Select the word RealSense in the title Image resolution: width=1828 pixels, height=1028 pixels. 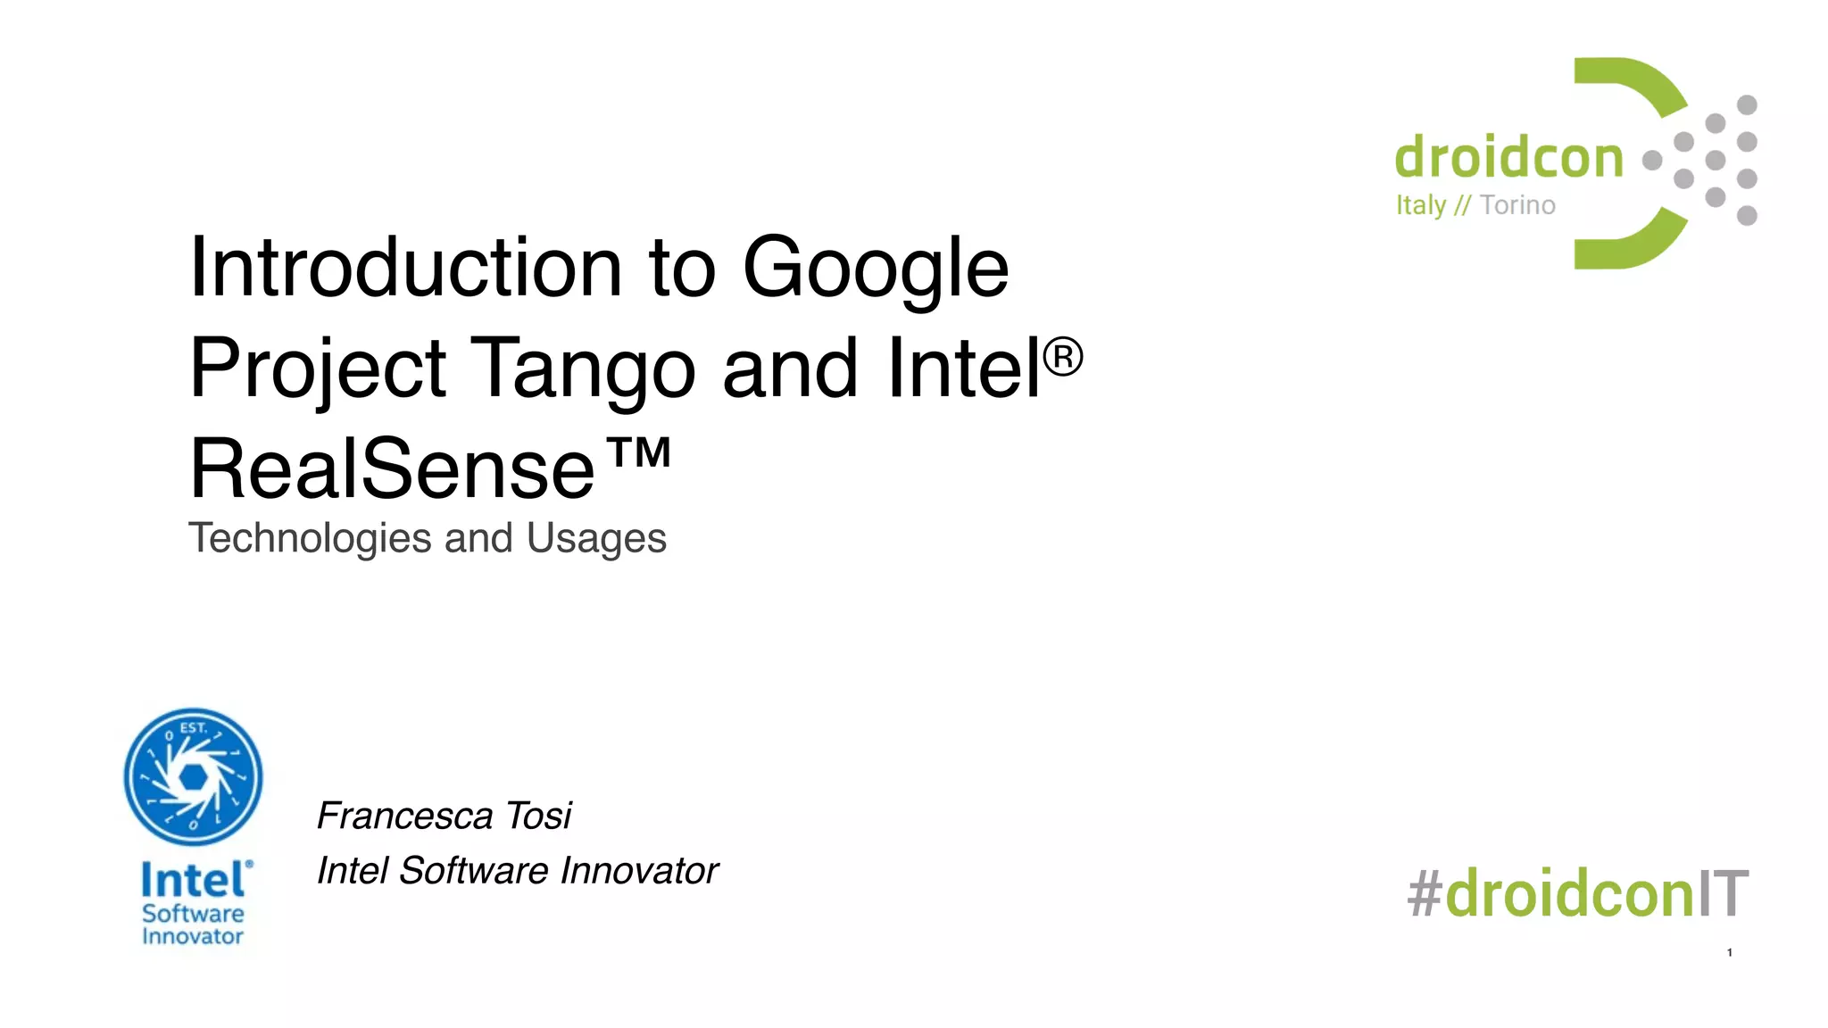tap(392, 469)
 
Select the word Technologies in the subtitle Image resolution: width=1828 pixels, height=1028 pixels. tap(310, 538)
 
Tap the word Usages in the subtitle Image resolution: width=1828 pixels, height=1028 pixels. tap(596, 538)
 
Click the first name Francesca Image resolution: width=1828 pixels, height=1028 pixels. tap(405, 816)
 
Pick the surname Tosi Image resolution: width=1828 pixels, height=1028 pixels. tap(538, 816)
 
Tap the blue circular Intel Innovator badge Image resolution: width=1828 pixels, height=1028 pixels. tap(193, 777)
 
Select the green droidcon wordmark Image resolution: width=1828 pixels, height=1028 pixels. tap(1508, 158)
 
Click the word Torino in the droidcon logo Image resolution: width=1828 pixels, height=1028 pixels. tap(1517, 205)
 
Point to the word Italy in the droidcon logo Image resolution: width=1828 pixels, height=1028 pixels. tap(1420, 205)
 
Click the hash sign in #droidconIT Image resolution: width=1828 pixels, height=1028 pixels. tap(1425, 893)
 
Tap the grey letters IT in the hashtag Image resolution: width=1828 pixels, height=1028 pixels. tap(1723, 893)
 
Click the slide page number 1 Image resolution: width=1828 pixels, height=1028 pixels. tap(1729, 953)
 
